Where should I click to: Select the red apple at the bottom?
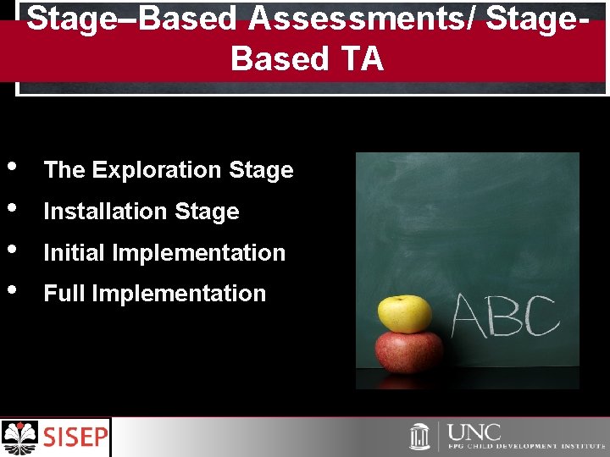click(x=409, y=352)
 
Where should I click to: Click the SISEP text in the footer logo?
click(x=76, y=438)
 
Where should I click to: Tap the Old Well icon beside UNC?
click(x=420, y=437)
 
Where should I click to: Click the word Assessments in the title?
click(x=356, y=18)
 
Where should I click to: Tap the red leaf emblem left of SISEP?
click(x=21, y=437)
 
